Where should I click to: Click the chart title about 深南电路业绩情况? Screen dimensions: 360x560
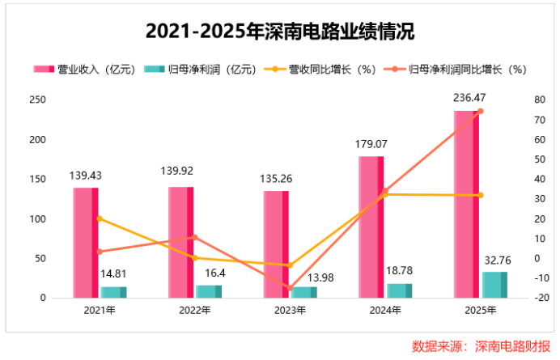pos(280,32)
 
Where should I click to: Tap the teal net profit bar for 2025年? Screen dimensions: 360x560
pos(494,285)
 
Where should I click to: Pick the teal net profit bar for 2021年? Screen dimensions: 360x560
pos(113,292)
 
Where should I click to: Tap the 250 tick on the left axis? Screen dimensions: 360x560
pos(37,100)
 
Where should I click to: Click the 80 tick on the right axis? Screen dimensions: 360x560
pos(539,100)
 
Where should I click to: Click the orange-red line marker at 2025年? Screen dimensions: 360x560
pos(480,112)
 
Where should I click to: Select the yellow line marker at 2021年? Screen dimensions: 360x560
pos(100,218)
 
